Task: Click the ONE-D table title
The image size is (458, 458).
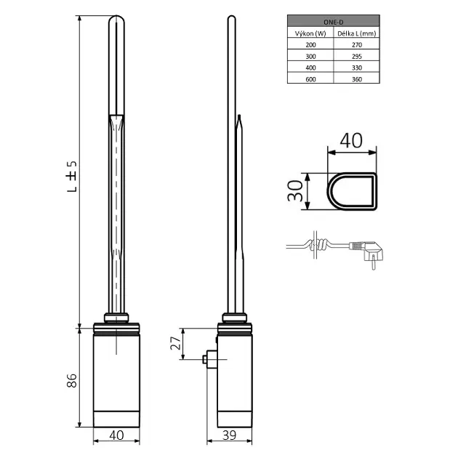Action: (333, 23)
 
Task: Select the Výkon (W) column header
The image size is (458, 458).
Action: (310, 33)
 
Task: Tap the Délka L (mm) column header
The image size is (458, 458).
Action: (357, 33)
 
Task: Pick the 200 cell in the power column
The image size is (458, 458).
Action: (310, 44)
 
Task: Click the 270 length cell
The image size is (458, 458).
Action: (357, 44)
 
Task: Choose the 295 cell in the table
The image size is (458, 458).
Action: (357, 56)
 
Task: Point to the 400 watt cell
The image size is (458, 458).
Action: (310, 68)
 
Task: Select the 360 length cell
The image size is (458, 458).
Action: (357, 79)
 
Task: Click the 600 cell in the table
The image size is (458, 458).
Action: (310, 79)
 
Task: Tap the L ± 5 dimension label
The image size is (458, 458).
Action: (72, 176)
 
